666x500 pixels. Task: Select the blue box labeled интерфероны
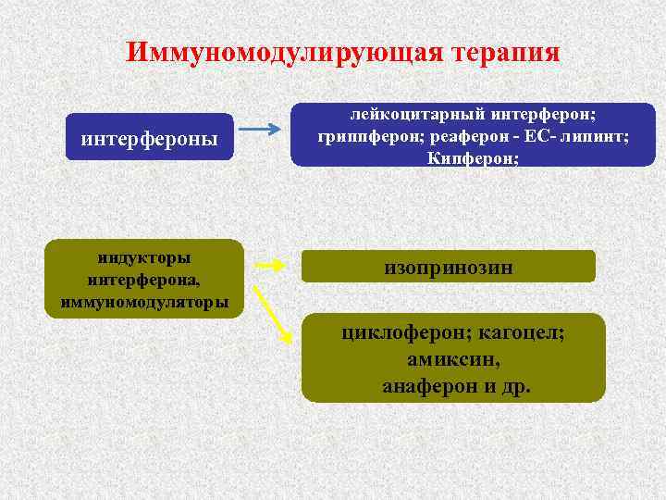[150, 140]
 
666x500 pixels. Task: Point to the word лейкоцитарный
[403, 114]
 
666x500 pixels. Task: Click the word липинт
[596, 136]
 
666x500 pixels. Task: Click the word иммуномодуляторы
[145, 301]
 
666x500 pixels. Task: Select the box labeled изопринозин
[449, 268]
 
